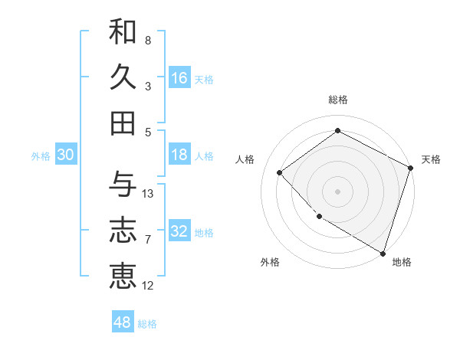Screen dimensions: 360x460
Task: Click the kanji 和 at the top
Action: (x=123, y=32)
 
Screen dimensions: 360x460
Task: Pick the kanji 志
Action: (x=123, y=230)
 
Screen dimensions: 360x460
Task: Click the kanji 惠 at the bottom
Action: (x=123, y=277)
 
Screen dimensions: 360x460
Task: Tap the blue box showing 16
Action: (x=179, y=77)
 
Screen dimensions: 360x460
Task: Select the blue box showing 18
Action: (x=179, y=155)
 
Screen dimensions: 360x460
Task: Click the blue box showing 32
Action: (x=179, y=231)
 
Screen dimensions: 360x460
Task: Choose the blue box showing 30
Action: (x=65, y=155)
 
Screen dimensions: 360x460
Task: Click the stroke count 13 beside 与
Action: (x=148, y=194)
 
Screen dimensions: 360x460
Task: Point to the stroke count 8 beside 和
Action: (x=148, y=40)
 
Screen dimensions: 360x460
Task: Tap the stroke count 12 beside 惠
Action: (x=148, y=286)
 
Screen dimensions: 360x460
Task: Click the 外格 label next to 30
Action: (x=41, y=156)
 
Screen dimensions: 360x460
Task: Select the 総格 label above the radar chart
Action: (x=337, y=100)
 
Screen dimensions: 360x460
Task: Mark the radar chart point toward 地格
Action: (x=382, y=252)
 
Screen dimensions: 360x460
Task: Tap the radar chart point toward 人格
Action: (x=280, y=172)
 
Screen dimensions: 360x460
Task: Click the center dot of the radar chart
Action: (x=337, y=191)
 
